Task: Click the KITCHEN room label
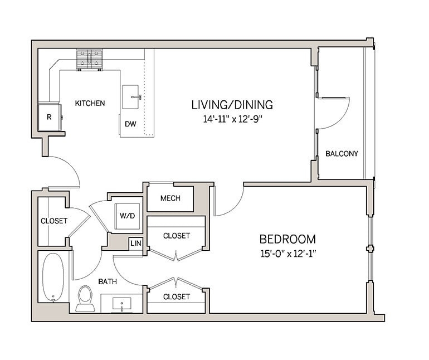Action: point(90,103)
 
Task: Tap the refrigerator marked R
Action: point(49,117)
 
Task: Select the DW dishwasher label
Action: point(130,124)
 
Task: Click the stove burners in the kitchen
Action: point(90,59)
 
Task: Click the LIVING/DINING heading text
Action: point(232,104)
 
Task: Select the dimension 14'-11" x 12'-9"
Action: point(232,119)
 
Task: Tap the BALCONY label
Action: point(342,153)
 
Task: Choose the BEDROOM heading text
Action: point(287,239)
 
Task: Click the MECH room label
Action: point(170,198)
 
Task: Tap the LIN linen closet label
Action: point(135,244)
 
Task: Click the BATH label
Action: point(108,281)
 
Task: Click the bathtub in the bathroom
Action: point(53,277)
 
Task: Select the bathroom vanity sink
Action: point(122,304)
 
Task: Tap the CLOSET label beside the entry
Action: point(54,221)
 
